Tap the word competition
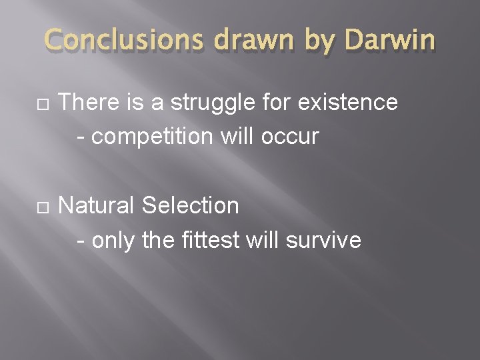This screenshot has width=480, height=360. click(151, 137)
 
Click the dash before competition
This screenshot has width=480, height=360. click(81, 138)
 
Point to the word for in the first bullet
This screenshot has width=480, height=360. click(277, 103)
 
